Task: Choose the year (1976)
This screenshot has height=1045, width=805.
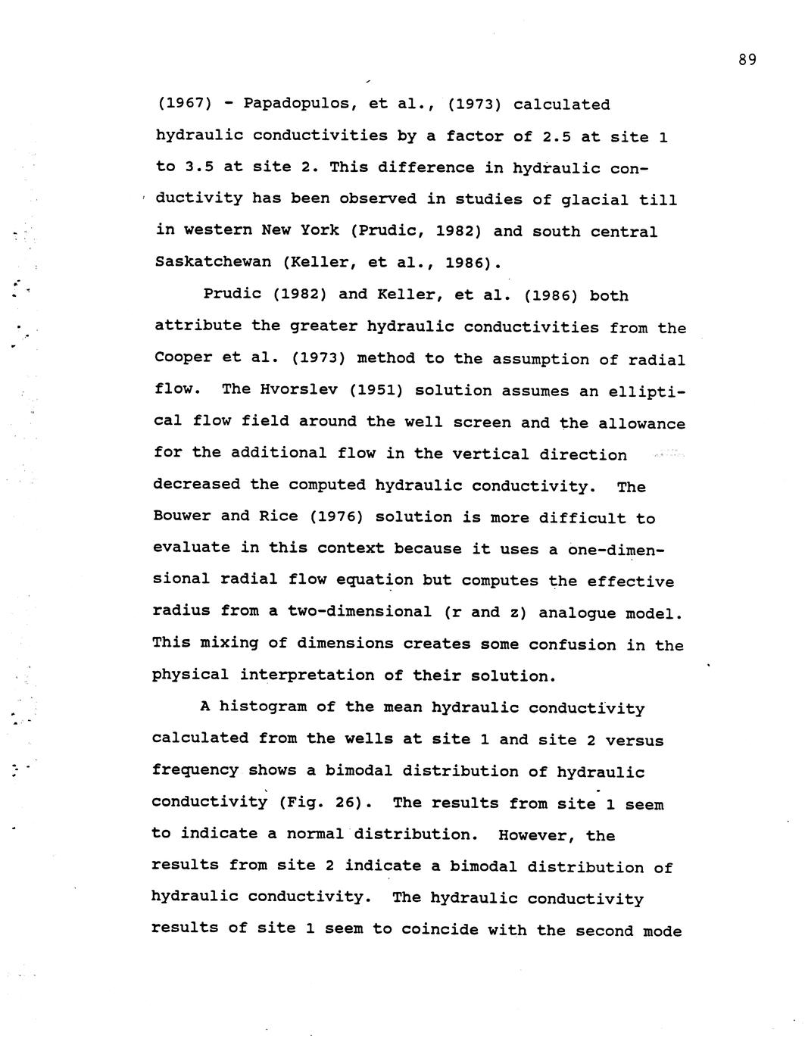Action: coord(338,517)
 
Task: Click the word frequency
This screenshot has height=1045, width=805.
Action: coord(195,771)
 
